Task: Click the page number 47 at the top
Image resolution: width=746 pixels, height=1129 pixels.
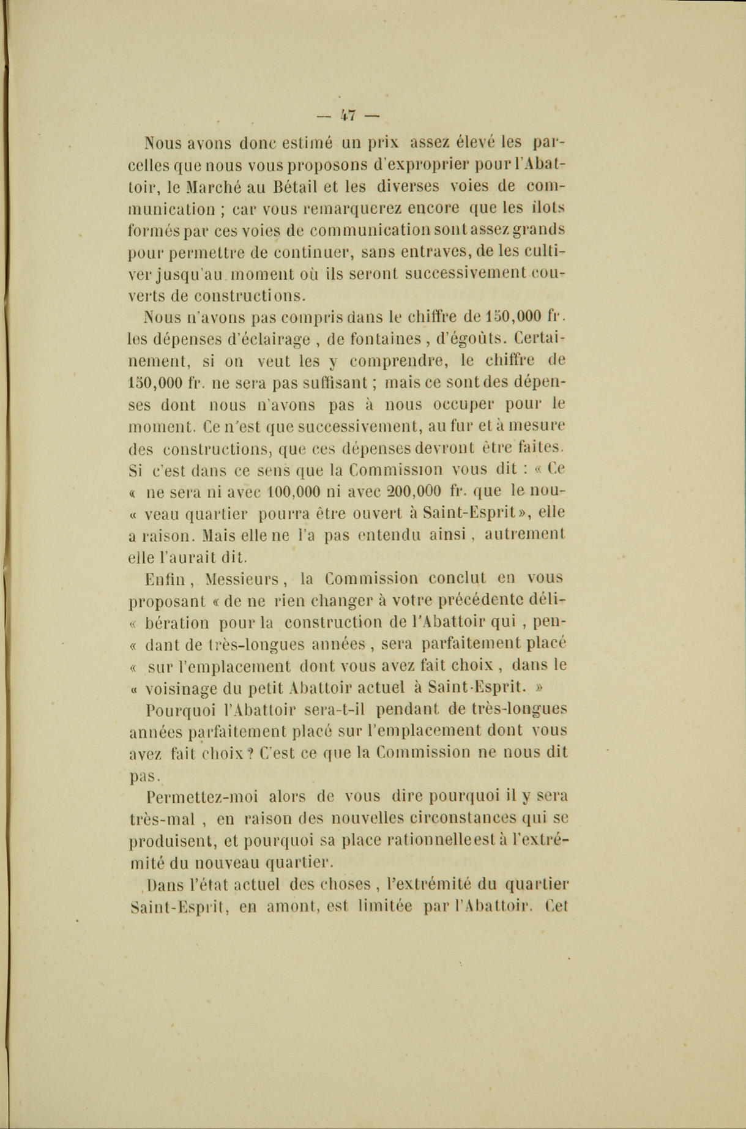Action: pyautogui.click(x=349, y=114)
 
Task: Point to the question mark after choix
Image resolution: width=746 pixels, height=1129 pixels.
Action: pyautogui.click(x=250, y=753)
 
